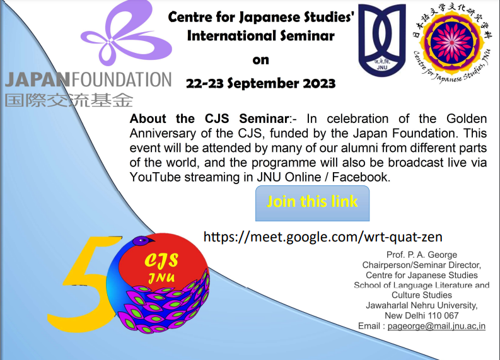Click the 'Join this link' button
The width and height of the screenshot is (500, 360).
point(312,202)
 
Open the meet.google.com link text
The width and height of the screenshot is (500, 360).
point(323,236)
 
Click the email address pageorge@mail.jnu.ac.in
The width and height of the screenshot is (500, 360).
point(436,326)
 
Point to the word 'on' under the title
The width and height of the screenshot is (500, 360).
point(260,60)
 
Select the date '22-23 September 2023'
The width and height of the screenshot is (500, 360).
point(260,83)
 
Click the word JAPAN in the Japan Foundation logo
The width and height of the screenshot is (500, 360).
point(37,80)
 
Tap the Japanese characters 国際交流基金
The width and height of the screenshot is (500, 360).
point(69,100)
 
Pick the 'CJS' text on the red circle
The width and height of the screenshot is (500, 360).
point(161,260)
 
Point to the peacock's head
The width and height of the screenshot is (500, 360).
point(140,240)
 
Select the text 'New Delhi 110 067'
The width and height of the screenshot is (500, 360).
point(422,315)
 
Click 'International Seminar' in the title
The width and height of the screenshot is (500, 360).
point(260,36)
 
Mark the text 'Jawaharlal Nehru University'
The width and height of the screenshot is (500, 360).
point(422,305)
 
